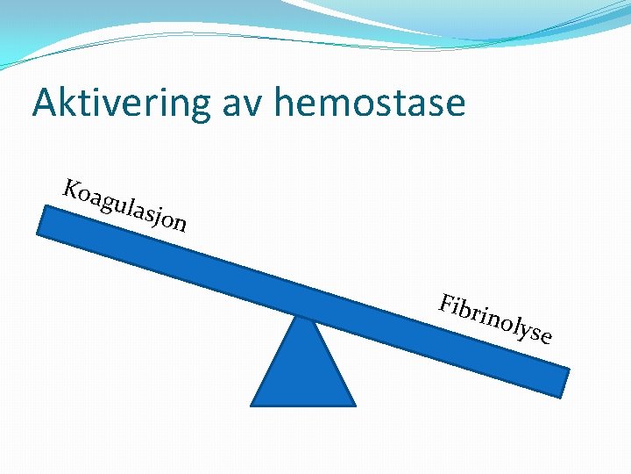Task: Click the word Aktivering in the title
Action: pos(120,104)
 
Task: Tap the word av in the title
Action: pos(242,104)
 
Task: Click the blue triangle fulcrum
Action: pos(303,369)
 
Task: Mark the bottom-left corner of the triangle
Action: pos(253,405)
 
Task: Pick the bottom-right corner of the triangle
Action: pos(354,405)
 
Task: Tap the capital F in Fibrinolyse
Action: pos(448,304)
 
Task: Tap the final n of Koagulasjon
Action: pos(178,223)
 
